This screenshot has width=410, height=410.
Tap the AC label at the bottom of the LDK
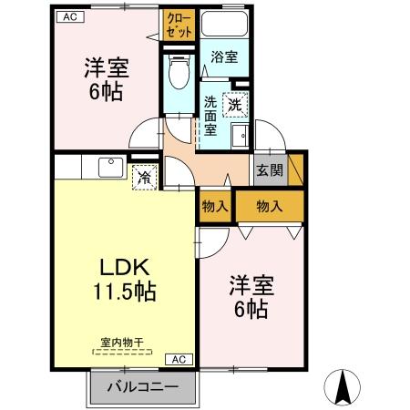click(179, 358)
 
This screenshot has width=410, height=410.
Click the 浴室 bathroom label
click(223, 56)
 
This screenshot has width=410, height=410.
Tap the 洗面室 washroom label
click(210, 115)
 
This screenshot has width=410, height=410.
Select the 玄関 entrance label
click(269, 169)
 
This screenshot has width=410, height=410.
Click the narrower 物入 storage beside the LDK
click(215, 206)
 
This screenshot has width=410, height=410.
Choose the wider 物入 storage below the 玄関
click(270, 206)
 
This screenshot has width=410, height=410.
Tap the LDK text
click(123, 266)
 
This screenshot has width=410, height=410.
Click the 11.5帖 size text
click(123, 292)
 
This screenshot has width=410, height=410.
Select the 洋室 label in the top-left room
click(105, 67)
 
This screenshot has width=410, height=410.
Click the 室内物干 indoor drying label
click(122, 343)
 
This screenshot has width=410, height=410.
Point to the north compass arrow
click(343, 386)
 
